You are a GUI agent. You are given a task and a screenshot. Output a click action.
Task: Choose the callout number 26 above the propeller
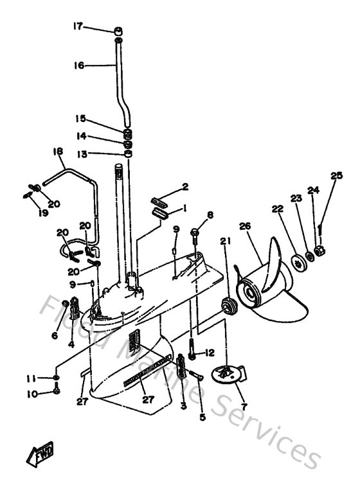point(244,225)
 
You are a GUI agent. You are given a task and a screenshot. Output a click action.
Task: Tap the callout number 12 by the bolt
point(210,353)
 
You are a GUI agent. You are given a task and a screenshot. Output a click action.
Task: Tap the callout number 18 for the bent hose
point(58,152)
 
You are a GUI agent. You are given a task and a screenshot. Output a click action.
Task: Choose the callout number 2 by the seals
point(184,187)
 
